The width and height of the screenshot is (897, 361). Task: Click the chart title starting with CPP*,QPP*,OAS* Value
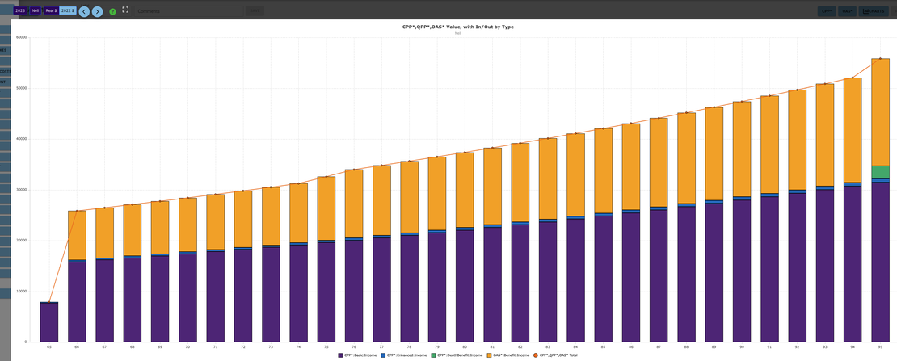[458, 27]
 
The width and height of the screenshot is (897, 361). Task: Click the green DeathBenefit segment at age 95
[880, 172]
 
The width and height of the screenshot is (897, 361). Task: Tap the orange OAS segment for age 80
[465, 191]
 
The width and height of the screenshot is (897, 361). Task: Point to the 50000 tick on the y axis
[22, 87]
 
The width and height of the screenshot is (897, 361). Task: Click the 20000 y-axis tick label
[22, 240]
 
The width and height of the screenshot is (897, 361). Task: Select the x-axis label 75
[326, 346]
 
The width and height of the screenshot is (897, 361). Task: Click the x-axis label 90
[741, 346]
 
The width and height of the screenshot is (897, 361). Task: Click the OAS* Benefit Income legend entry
[511, 355]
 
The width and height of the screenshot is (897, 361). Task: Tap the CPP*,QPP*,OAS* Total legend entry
[558, 355]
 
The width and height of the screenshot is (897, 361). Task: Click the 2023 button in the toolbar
[20, 11]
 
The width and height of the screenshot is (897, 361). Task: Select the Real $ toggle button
[51, 11]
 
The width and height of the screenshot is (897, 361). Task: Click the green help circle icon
[112, 12]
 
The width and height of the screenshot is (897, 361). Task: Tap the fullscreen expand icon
[125, 10]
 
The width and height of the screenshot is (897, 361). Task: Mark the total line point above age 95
[880, 59]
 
